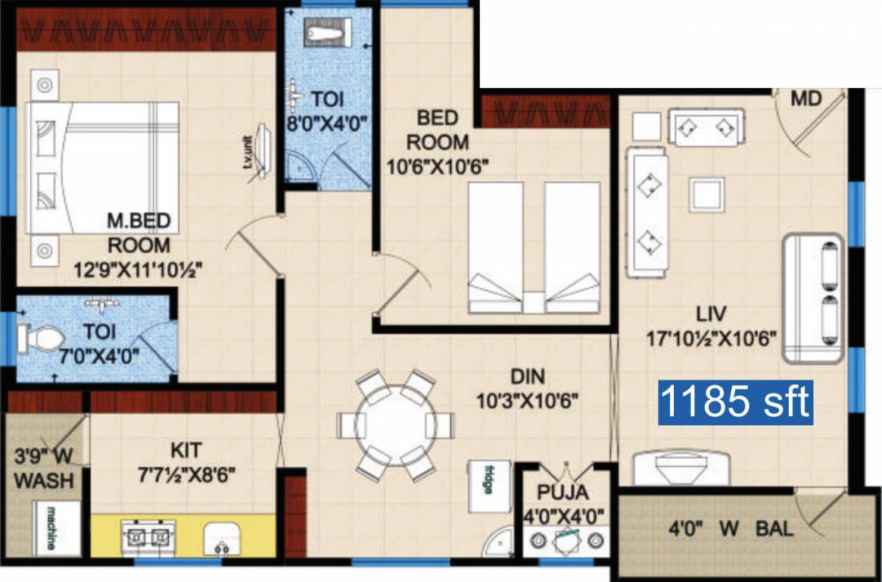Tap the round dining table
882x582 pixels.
coord(394,424)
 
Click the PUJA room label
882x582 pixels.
coord(562,493)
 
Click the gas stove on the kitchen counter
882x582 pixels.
coord(148,537)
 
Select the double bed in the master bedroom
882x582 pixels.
coord(103,167)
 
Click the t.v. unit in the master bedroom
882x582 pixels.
coord(260,152)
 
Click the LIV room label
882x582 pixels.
coord(712,313)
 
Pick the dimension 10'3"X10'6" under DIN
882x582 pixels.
coord(528,399)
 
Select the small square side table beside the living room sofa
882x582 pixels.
coord(647,125)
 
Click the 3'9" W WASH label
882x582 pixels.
coord(43,468)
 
